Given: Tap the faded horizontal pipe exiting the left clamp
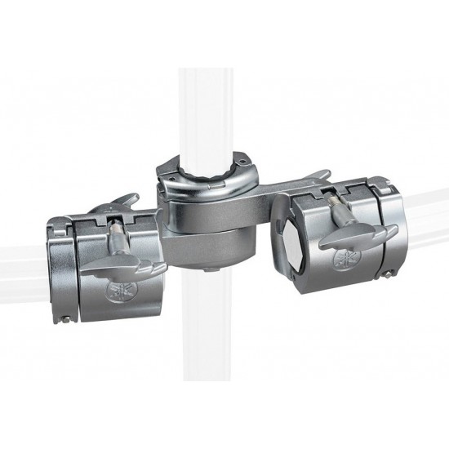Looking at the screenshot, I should (20, 269).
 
